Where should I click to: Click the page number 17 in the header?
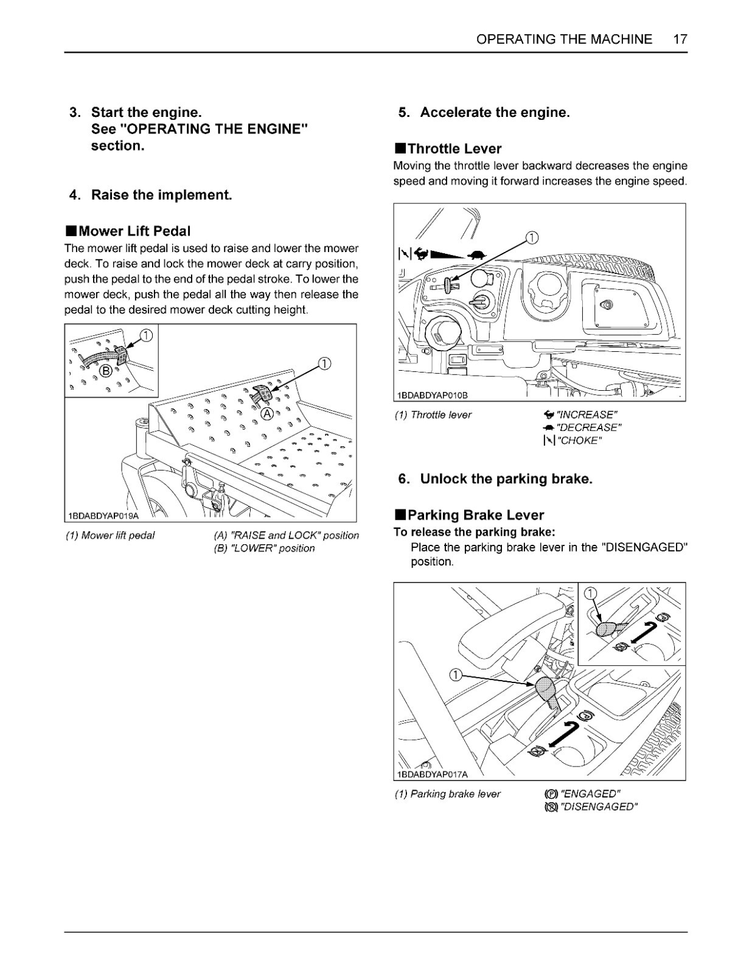tap(680, 40)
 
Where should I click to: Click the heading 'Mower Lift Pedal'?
tap(134, 231)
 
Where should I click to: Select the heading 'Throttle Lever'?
tap(454, 149)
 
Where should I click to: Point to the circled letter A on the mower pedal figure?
tap(266, 413)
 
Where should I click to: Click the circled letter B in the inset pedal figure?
tap(105, 370)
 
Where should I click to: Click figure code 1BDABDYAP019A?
tap(103, 516)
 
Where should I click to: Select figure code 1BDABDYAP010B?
tap(432, 396)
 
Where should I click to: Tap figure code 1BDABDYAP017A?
tap(432, 774)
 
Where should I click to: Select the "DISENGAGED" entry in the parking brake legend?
tap(598, 807)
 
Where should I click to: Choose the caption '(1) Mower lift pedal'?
tap(110, 536)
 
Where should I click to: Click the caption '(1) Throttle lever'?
tap(433, 415)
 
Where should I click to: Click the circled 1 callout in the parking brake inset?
tap(591, 594)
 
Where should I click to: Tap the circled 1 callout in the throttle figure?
tap(531, 237)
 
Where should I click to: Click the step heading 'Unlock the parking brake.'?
tap(506, 479)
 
